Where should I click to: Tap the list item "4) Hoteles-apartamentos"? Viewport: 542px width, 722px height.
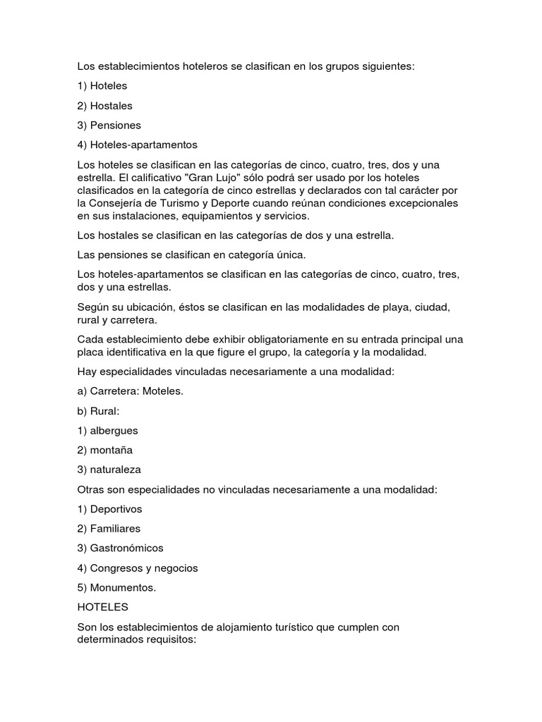(137, 145)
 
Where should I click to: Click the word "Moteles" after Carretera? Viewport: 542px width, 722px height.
(162, 391)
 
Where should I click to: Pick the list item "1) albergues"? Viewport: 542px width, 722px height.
(107, 430)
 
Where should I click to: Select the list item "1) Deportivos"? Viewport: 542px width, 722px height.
(109, 509)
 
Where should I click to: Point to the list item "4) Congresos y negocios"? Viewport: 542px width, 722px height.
(137, 568)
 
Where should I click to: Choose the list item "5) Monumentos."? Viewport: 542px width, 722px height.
(116, 588)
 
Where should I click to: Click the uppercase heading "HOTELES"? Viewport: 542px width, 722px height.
(100, 606)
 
